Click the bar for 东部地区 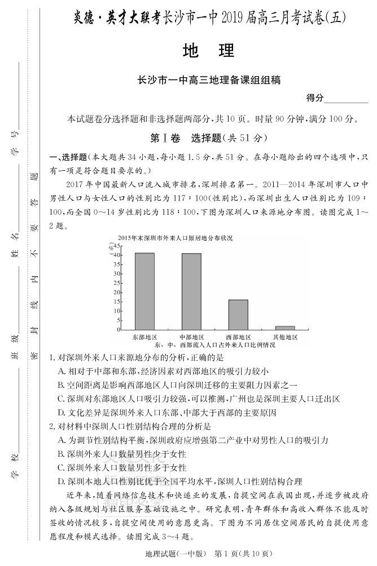pos(144,291)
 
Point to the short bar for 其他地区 pos(285,328)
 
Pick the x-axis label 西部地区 pos(238,336)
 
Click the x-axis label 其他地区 pos(285,336)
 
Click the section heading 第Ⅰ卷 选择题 pos(207,138)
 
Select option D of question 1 pos(167,413)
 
